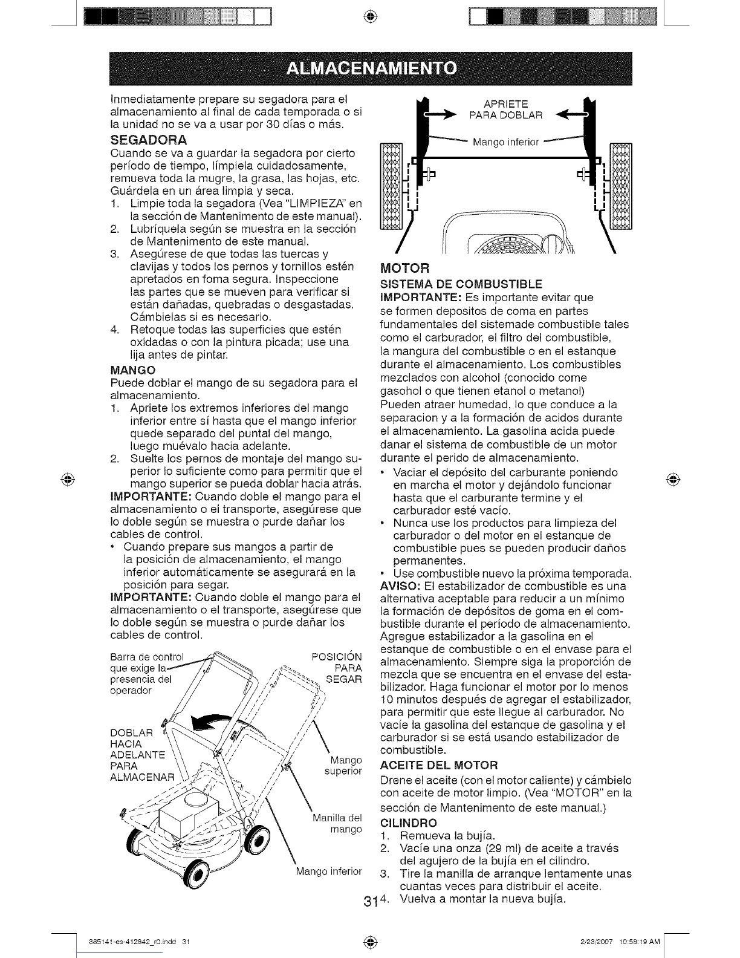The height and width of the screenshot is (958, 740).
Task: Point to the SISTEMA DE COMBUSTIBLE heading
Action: click(461, 284)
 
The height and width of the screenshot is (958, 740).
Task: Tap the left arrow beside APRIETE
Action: click(443, 113)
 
